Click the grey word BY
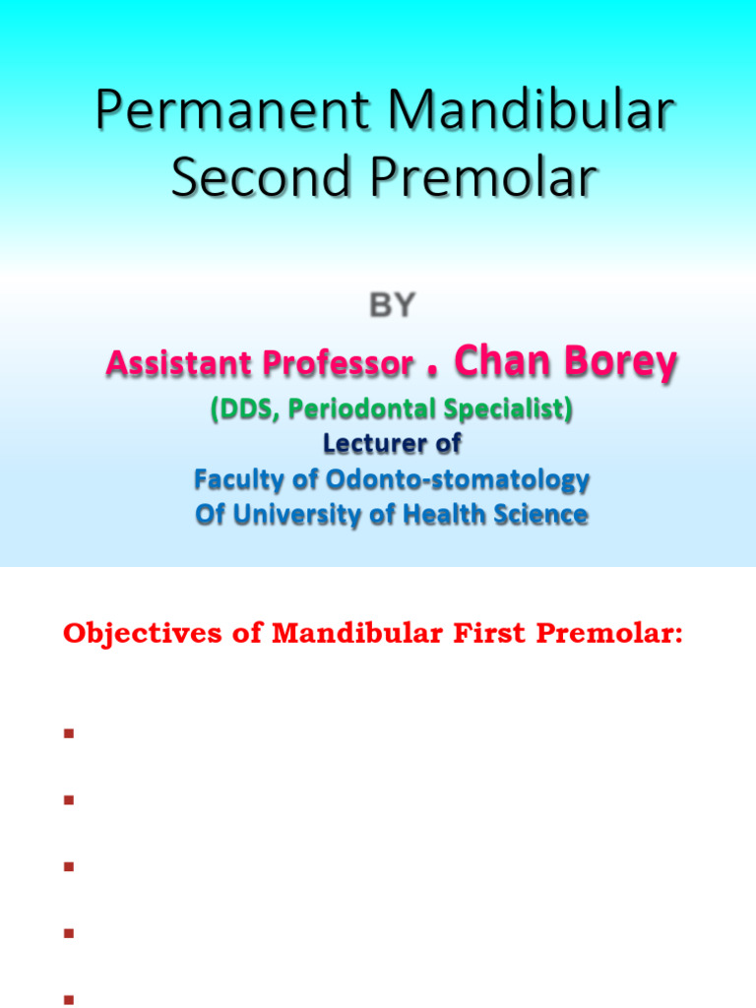[392, 306]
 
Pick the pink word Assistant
[176, 364]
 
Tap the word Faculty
[232, 479]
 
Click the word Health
[461, 514]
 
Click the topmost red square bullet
[68, 734]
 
